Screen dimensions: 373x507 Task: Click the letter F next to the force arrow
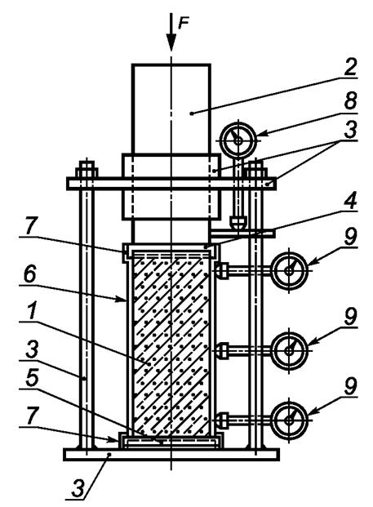[184, 24]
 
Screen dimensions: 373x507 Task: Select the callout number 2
[350, 67]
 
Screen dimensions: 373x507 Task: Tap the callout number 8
[350, 101]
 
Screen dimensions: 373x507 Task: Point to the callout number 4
[350, 201]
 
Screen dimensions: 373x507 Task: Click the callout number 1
[31, 311]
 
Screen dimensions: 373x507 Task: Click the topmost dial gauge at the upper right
[238, 140]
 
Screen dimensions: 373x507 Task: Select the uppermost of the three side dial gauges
[289, 270]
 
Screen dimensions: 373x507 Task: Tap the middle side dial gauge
[289, 351]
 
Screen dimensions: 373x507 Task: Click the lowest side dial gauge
[289, 420]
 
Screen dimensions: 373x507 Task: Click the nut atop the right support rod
[256, 169]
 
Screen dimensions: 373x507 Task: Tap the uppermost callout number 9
[350, 237]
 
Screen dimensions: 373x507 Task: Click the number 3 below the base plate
[78, 488]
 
